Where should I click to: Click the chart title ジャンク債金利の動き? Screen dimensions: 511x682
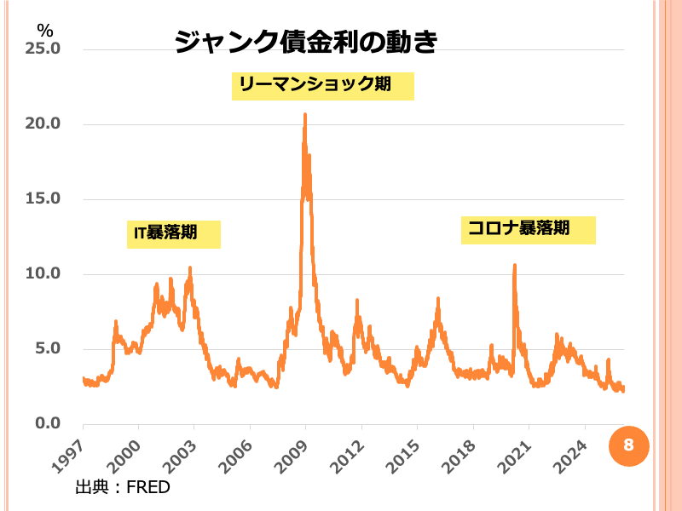305,42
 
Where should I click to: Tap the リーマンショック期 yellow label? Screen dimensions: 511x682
322,85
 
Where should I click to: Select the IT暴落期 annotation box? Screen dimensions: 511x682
174,233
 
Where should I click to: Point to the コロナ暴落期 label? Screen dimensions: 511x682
528,230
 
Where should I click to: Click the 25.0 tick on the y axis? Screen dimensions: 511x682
43,49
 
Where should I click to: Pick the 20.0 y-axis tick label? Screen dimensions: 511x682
43,123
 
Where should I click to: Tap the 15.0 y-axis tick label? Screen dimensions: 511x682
43,198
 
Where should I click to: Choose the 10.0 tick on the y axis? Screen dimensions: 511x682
43,273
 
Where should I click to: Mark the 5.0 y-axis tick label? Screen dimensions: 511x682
47,348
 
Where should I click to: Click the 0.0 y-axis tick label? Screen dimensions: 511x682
47,423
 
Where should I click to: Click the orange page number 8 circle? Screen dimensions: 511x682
628,445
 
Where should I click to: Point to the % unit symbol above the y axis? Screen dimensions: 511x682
44,30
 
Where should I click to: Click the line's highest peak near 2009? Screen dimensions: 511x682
305,115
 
